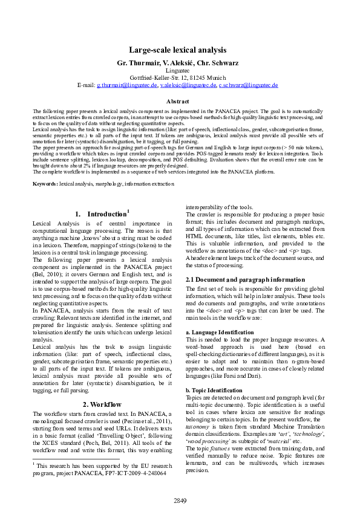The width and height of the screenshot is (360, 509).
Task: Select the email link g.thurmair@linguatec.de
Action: [127, 85]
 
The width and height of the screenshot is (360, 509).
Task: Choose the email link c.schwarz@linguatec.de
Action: [248, 85]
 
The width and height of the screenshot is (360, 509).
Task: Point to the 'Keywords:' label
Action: [45, 183]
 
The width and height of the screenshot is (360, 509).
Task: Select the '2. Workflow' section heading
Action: [102, 404]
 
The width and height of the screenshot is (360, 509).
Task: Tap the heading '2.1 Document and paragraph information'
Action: [237, 280]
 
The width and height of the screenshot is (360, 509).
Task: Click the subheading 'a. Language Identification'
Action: [219, 332]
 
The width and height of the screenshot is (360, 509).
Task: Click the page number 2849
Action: [180, 501]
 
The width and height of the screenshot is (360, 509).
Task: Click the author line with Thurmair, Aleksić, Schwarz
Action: [177, 62]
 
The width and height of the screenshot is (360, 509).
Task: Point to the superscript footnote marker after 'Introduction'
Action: [128, 211]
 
